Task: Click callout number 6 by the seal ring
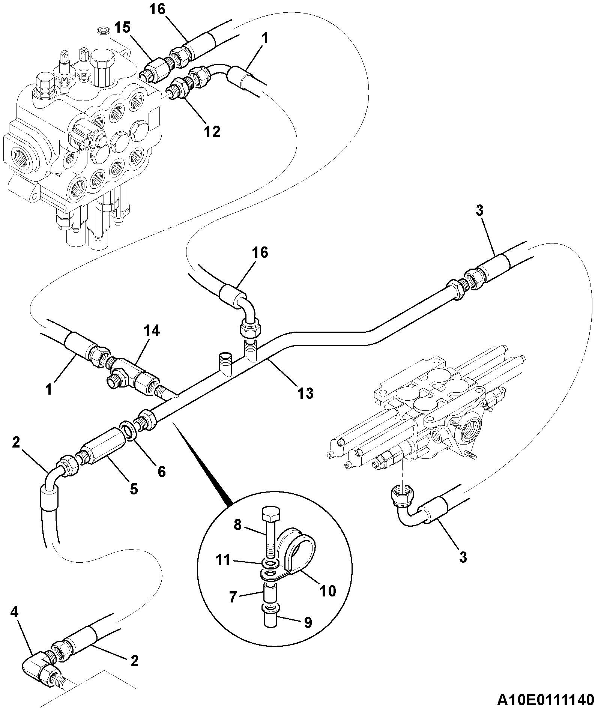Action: [161, 472]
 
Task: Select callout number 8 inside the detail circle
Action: [237, 524]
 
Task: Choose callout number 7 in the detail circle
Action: [233, 597]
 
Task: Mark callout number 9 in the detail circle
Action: [308, 622]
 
